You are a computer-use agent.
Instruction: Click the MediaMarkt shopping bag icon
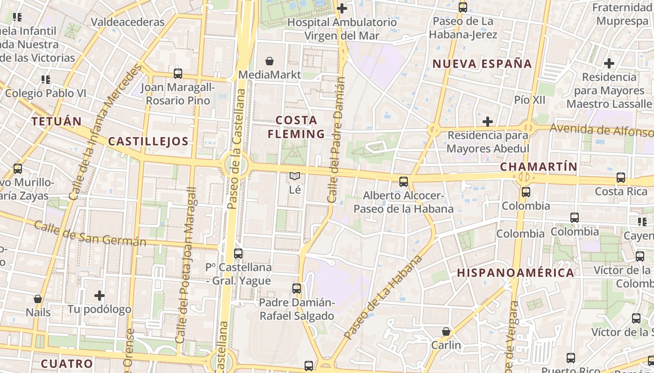270,61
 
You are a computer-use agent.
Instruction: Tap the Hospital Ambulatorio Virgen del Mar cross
342,8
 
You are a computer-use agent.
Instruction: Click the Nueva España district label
482,64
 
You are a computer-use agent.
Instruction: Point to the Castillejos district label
148,142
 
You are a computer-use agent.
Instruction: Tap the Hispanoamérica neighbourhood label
516,273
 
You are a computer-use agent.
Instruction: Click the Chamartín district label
539,166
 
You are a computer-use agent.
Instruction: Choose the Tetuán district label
57,122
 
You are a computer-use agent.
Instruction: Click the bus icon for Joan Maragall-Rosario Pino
178,73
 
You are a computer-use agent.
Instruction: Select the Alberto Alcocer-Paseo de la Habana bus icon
403,182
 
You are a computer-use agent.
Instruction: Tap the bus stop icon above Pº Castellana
238,254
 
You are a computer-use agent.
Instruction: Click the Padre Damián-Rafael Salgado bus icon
297,288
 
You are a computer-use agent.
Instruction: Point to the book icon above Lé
294,176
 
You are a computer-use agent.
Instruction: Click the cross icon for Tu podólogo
99,295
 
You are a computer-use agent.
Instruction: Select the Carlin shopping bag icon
446,332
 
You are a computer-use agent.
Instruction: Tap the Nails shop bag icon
38,298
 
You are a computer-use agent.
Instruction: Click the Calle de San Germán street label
90,234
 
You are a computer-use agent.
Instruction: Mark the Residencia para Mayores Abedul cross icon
488,122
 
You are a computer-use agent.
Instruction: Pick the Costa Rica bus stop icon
621,177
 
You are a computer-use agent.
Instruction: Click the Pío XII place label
530,100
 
